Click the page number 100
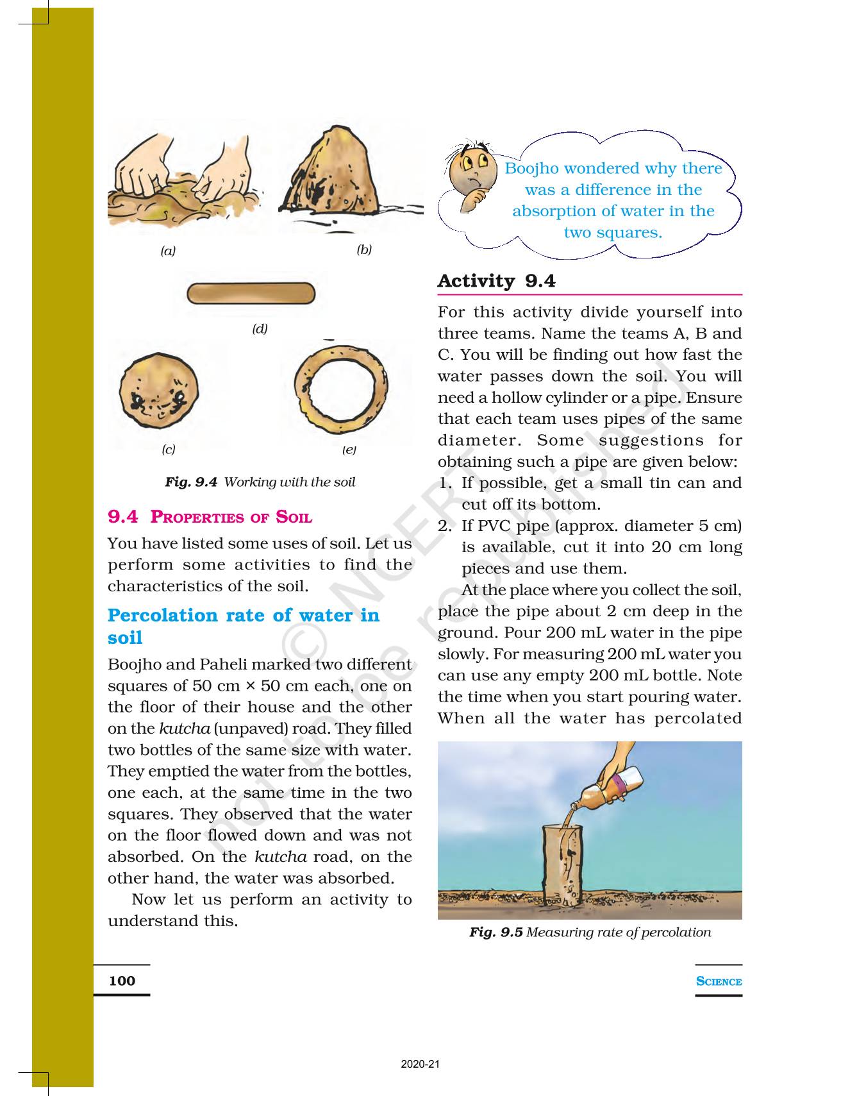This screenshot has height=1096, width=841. click(x=122, y=981)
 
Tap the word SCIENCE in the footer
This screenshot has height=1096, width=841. click(x=719, y=981)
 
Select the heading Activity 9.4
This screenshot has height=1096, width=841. click(x=496, y=281)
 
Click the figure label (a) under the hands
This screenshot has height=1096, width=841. click(x=168, y=251)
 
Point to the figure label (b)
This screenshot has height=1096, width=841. click(x=364, y=250)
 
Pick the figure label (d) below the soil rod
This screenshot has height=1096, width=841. click(x=260, y=329)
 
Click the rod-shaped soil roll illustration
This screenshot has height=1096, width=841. click(x=251, y=294)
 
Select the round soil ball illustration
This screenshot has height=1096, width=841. click(x=159, y=390)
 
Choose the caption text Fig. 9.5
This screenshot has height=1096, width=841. click(x=495, y=932)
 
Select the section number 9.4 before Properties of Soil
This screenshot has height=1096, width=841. click(x=122, y=517)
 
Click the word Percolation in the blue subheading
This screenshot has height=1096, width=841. click(x=163, y=616)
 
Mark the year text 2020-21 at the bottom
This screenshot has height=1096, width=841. click(x=420, y=1065)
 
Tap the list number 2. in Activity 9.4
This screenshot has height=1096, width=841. click(x=445, y=527)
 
